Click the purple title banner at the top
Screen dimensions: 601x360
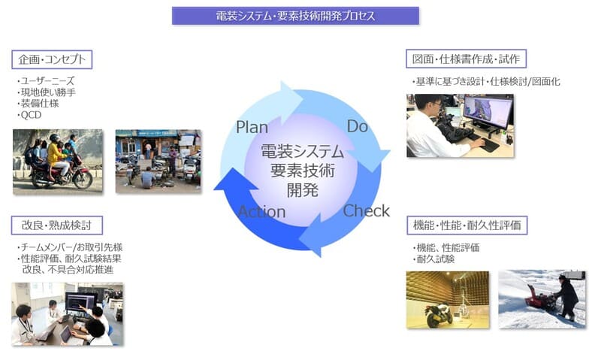pyautogui.click(x=295, y=16)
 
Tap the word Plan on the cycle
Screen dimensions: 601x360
pyautogui.click(x=252, y=127)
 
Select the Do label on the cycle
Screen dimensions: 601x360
pyautogui.click(x=358, y=126)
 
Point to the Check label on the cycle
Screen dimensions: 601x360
pyautogui.click(x=366, y=211)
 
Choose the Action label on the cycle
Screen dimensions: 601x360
pyautogui.click(x=262, y=212)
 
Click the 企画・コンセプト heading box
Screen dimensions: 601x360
pyautogui.click(x=52, y=59)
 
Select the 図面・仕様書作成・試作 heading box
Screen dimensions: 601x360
pyautogui.click(x=466, y=59)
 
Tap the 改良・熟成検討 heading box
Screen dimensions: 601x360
pyautogui.click(x=57, y=225)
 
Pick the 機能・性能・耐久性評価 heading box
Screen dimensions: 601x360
pyautogui.click(x=467, y=225)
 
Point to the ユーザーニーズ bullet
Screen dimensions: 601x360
pyautogui.click(x=46, y=81)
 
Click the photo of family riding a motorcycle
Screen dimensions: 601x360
pyautogui.click(x=58, y=162)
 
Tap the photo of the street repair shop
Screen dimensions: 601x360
pyautogui.click(x=159, y=162)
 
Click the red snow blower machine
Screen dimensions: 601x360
pyautogui.click(x=540, y=298)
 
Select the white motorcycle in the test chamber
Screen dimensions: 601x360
pyautogui.click(x=439, y=313)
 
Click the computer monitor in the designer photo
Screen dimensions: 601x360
pyautogui.click(x=488, y=112)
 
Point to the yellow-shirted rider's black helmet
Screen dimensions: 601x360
pyautogui.click(x=54, y=138)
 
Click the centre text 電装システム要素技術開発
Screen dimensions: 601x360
pyautogui.click(x=303, y=171)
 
